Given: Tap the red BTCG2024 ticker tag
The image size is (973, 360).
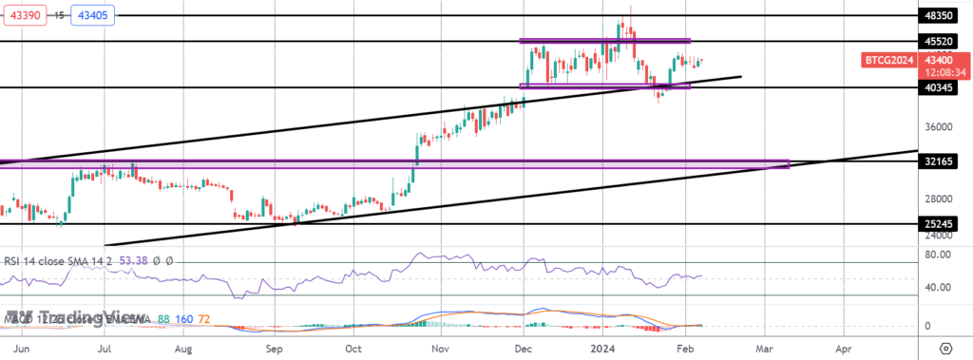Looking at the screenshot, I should tap(888, 61).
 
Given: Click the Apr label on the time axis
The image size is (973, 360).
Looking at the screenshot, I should tap(843, 349).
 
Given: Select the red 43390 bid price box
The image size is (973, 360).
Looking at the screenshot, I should tap(21, 14).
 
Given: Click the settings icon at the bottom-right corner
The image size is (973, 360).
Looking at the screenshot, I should tap(945, 349).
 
